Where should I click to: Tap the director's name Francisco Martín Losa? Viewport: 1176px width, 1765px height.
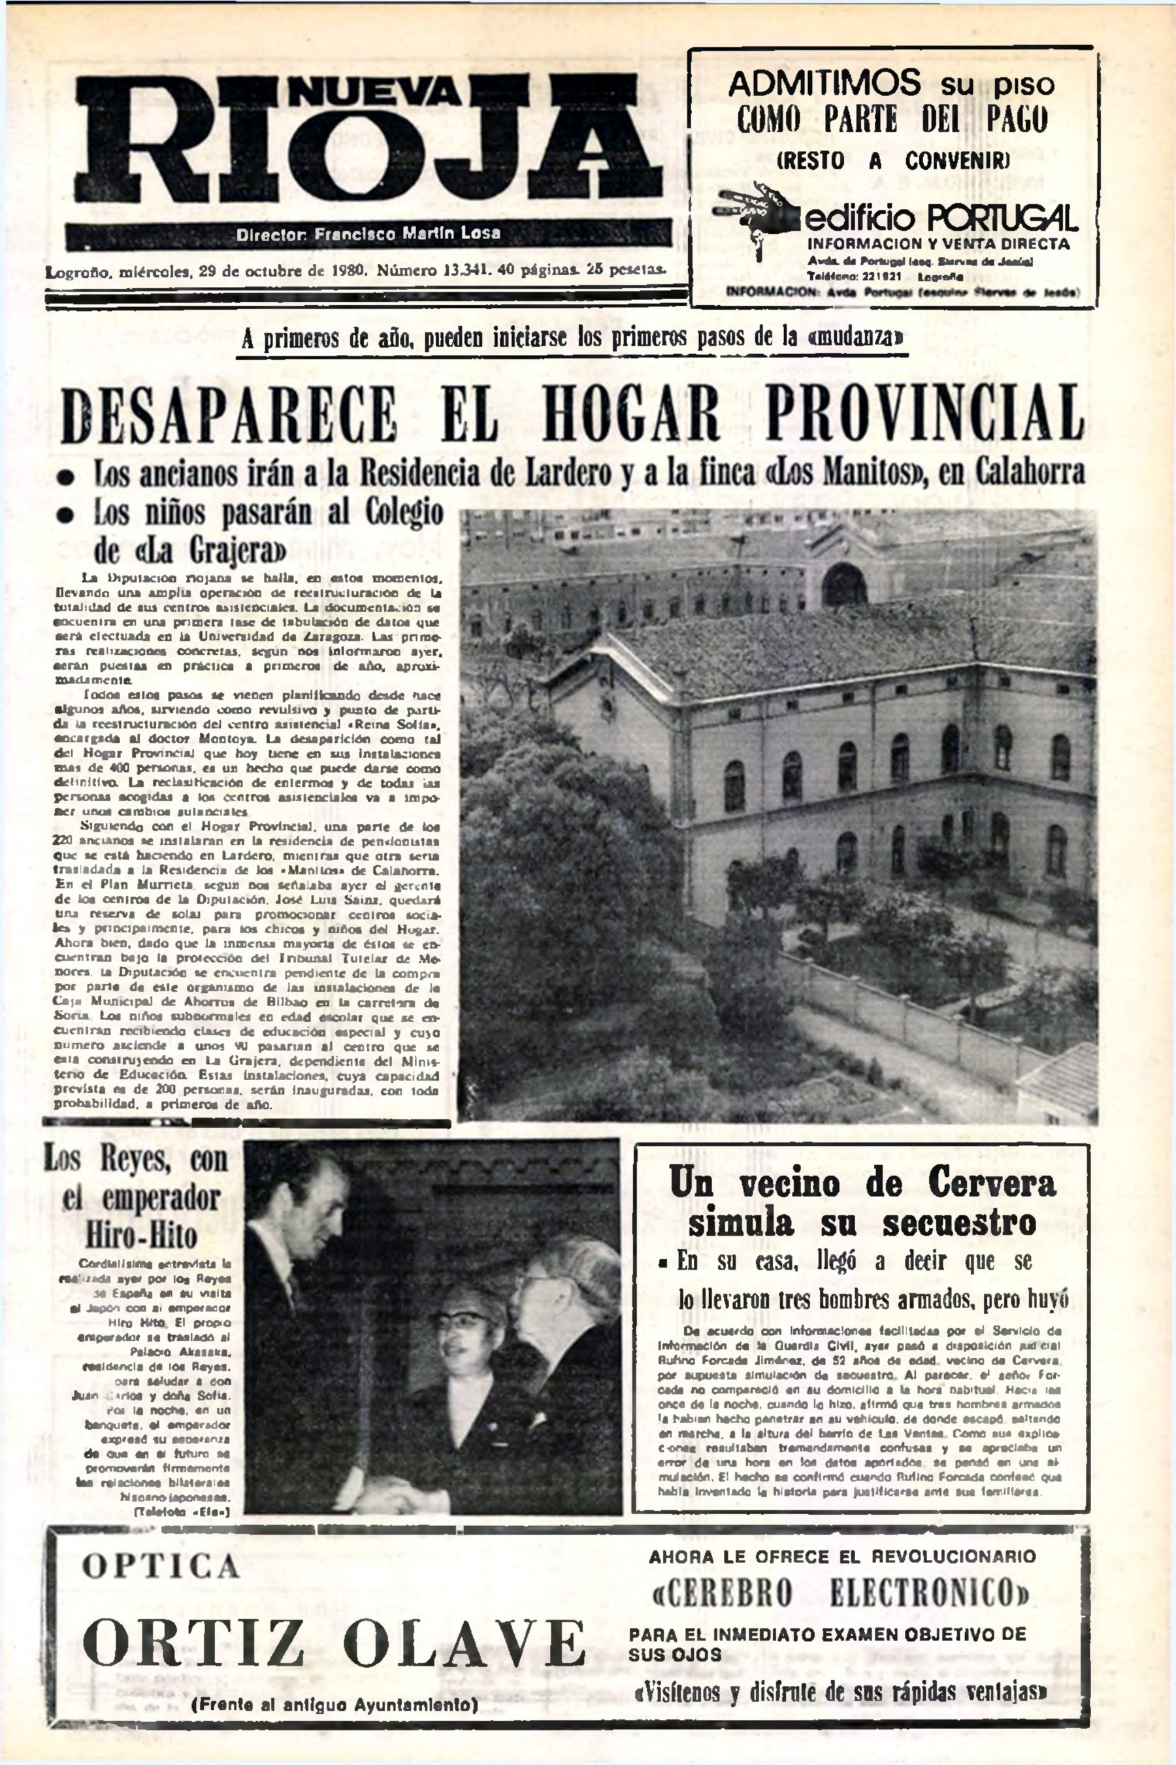[407, 233]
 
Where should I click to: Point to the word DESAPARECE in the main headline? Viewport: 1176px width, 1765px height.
[228, 415]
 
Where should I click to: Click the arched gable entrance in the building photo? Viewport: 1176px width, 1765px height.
[843, 584]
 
